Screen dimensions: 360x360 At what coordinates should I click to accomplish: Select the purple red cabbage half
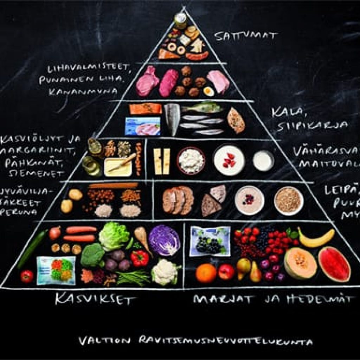coord(164,240)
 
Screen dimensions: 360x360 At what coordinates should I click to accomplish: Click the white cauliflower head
coord(165,271)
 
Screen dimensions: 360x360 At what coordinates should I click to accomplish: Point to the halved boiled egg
coord(209,91)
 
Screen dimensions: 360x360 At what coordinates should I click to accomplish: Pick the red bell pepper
coord(140,258)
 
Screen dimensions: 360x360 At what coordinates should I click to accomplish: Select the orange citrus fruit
coord(206,273)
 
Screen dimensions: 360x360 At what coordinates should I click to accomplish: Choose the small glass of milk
coord(263,161)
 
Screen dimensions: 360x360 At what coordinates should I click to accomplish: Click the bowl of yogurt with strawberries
coord(229,160)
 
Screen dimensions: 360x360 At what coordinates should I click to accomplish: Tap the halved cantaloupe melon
coord(296,263)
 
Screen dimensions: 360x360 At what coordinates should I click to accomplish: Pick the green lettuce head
coord(114,236)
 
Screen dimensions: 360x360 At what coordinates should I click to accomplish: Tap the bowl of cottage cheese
coord(191,161)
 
